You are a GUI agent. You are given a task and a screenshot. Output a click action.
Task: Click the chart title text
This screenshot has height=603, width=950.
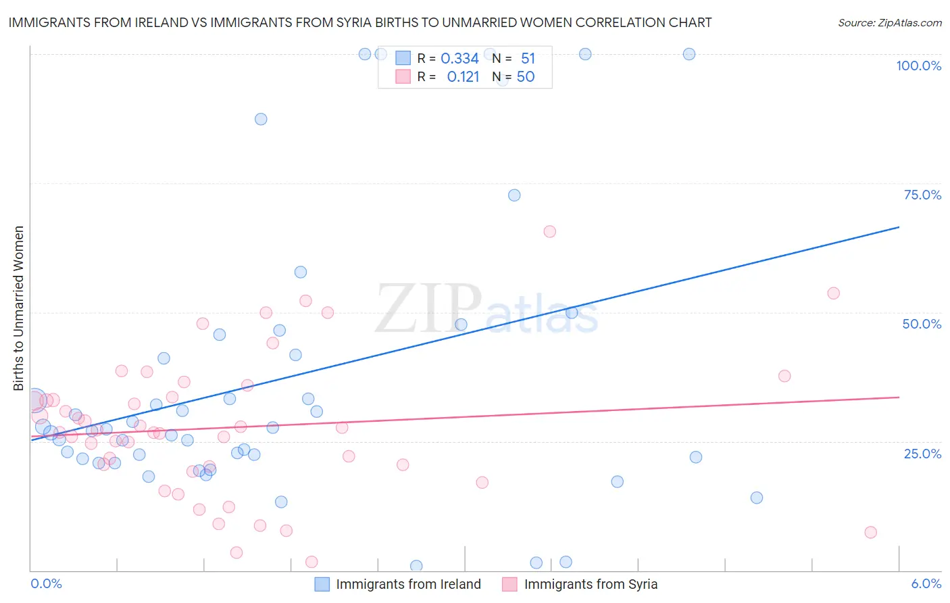pos(359,22)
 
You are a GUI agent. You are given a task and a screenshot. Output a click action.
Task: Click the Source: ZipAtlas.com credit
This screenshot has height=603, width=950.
pos(889,23)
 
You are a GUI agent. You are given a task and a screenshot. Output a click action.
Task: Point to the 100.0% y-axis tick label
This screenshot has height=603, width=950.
pos(918,66)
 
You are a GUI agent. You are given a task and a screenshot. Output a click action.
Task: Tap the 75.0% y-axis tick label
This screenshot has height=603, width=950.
pos(922,195)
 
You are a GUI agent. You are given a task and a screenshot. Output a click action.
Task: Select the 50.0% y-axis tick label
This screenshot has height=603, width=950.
pos(922,324)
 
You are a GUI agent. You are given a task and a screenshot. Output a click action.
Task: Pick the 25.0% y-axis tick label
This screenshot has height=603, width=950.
pos(922,454)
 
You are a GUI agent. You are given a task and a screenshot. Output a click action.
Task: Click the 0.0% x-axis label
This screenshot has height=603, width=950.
pos(46,583)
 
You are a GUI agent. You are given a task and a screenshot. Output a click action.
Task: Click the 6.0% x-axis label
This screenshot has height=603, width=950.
pos(926,583)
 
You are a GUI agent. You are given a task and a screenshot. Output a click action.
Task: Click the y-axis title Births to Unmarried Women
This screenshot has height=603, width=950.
pos(19,308)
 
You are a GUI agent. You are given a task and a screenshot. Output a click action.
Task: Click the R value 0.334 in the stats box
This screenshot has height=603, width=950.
pos(459,59)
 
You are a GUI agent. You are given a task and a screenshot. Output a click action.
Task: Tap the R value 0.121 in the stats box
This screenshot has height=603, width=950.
pos(463,77)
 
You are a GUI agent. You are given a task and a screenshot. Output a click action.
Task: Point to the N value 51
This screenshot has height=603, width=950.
pos(528,59)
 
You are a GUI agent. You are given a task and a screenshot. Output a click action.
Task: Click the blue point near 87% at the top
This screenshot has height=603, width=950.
pos(261,119)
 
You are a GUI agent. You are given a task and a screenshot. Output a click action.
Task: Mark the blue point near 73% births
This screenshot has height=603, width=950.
pos(514,195)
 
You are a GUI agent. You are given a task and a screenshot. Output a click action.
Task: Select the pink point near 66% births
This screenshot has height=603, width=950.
pos(549,232)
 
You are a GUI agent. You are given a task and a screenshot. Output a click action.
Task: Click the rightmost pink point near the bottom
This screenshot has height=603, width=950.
pos(870,533)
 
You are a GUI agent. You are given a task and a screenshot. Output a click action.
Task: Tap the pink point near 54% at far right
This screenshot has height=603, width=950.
pos(833,293)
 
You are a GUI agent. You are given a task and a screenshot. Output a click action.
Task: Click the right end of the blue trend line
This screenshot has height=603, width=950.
pos(899,227)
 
